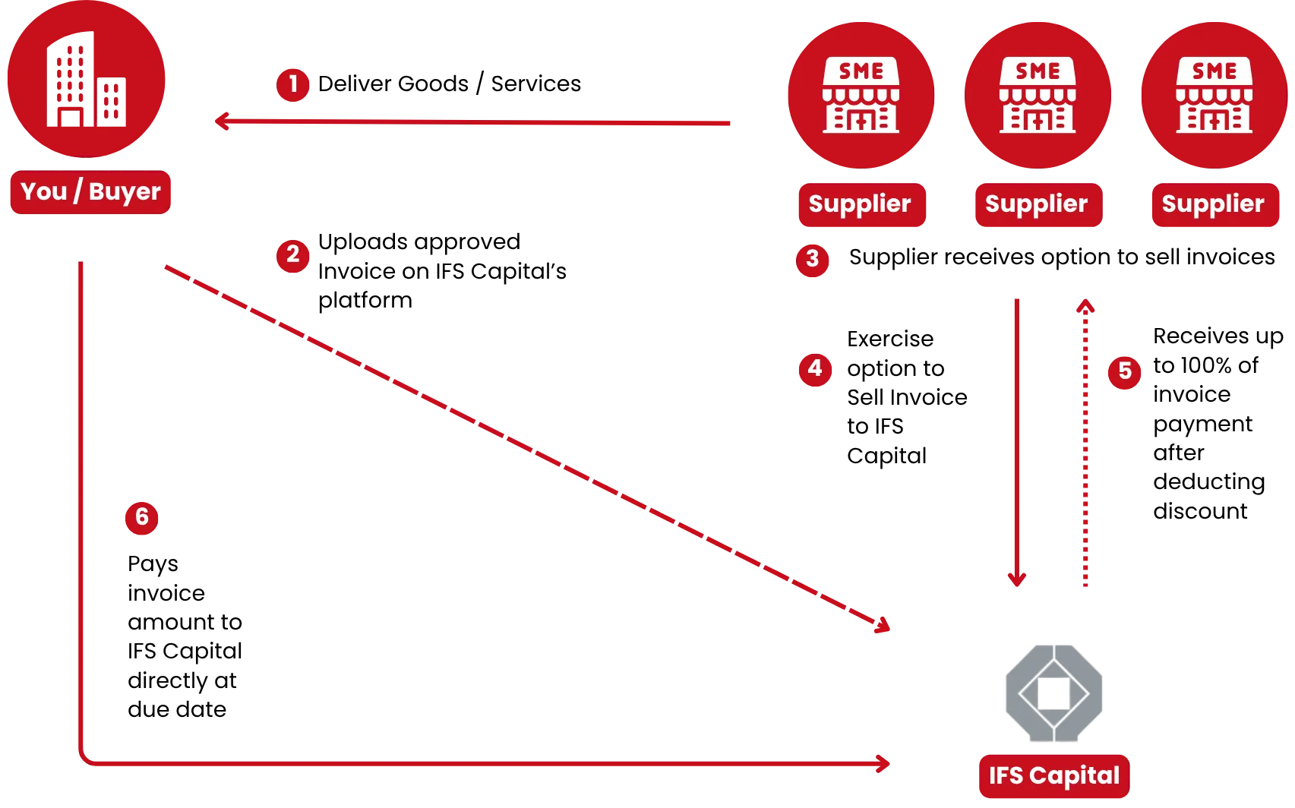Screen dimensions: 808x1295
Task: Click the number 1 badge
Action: [x=292, y=84]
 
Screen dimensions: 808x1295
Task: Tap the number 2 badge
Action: [x=292, y=254]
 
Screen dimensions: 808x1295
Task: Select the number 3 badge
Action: [x=813, y=259]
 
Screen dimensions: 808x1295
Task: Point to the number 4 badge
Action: [x=814, y=369]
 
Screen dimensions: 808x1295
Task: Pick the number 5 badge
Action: [x=1124, y=371]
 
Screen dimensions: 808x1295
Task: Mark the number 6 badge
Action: [x=141, y=517]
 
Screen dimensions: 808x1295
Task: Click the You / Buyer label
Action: [x=90, y=192]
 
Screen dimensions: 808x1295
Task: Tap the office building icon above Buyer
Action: [x=86, y=80]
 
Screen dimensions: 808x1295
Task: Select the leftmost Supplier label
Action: [x=861, y=204]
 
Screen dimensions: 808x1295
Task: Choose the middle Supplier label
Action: [x=1037, y=204]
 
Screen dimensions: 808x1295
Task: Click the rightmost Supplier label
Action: [x=1214, y=204]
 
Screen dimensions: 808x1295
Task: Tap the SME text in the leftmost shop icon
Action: [x=861, y=71]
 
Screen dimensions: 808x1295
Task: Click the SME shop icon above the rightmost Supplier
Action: [x=1214, y=95]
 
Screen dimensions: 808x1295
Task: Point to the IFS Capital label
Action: [x=1054, y=775]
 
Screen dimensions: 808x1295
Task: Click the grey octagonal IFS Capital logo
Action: [x=1054, y=693]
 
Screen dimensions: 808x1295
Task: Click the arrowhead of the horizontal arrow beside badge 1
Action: [x=222, y=122]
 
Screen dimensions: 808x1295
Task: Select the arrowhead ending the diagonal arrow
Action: [x=883, y=626]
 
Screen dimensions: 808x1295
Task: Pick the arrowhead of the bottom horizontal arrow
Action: [x=883, y=763]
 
